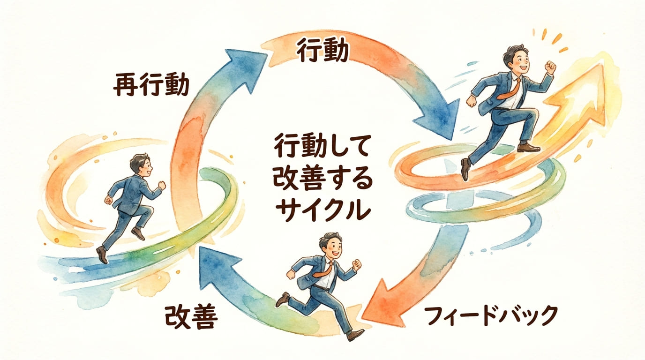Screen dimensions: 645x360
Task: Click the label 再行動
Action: pos(151,84)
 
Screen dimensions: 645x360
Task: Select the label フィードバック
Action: pos(491,315)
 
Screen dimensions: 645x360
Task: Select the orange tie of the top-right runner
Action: pos(512,89)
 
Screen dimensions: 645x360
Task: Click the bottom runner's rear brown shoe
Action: pos(283,300)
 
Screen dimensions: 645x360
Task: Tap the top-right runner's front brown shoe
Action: pos(528,148)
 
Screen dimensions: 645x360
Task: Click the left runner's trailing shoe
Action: pos(102,255)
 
